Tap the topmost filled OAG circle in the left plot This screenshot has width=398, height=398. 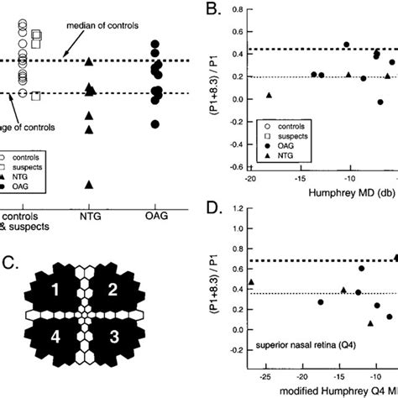[x=154, y=44]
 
